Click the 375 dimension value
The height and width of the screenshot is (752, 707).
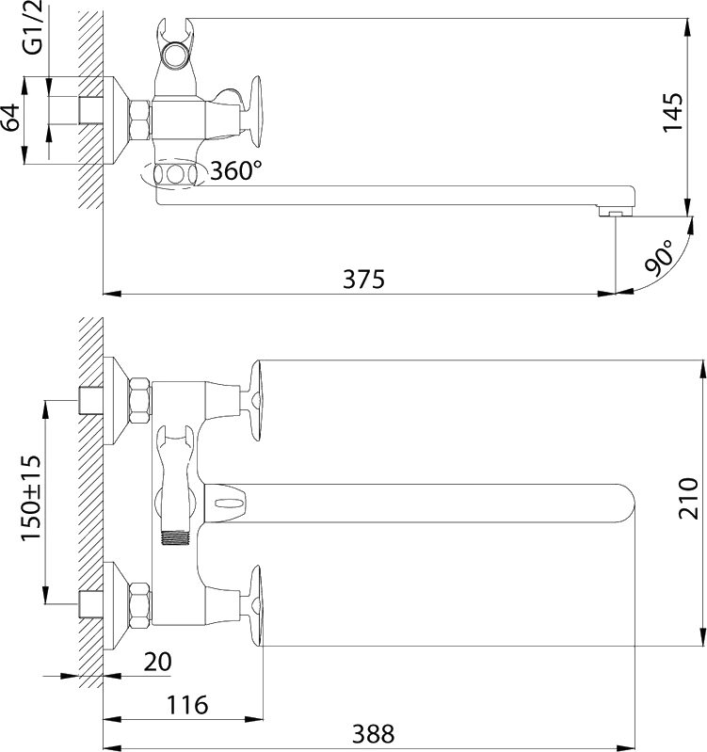pyautogui.click(x=363, y=280)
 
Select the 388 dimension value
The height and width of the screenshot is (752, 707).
pyautogui.click(x=373, y=734)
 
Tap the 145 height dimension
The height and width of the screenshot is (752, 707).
pyautogui.click(x=672, y=112)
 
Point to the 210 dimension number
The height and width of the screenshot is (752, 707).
pyautogui.click(x=689, y=498)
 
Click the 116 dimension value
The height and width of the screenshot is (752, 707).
pyautogui.click(x=187, y=705)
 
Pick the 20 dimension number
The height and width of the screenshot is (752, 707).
pyautogui.click(x=157, y=662)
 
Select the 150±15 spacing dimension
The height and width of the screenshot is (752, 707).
pyautogui.click(x=31, y=498)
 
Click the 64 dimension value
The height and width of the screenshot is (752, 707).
pyautogui.click(x=10, y=117)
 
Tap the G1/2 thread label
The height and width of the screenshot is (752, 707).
pyautogui.click(x=33, y=27)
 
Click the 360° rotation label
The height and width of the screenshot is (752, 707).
pyautogui.click(x=236, y=170)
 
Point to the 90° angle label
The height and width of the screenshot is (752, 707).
pyautogui.click(x=658, y=259)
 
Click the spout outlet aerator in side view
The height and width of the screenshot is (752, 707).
pyautogui.click(x=616, y=211)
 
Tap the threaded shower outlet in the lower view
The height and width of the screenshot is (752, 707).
pyautogui.click(x=175, y=537)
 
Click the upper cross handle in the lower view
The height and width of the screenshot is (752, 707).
pyautogui.click(x=254, y=400)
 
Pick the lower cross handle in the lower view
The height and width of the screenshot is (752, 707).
pyautogui.click(x=254, y=606)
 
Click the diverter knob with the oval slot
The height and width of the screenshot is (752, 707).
pyautogui.click(x=225, y=504)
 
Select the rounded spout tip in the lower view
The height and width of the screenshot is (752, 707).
pyautogui.click(x=623, y=504)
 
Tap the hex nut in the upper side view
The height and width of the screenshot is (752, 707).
pyautogui.click(x=140, y=120)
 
